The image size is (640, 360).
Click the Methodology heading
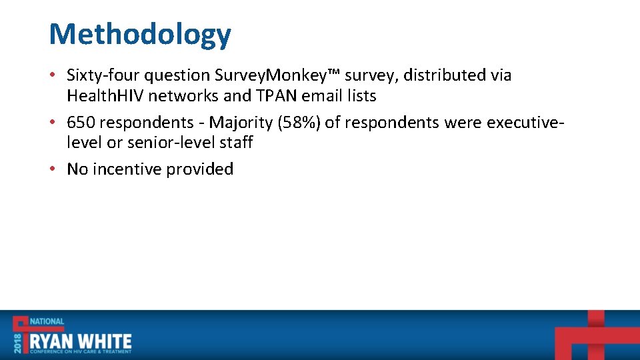coord(140,34)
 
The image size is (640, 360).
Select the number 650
coord(80,123)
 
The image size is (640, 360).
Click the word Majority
coord(240,123)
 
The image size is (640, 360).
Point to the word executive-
coord(526,123)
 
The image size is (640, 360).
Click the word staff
coord(237,143)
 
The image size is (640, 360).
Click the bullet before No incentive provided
coord(53,169)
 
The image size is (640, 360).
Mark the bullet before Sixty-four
coord(53,75)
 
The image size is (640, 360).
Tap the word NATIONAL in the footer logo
coord(46,322)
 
